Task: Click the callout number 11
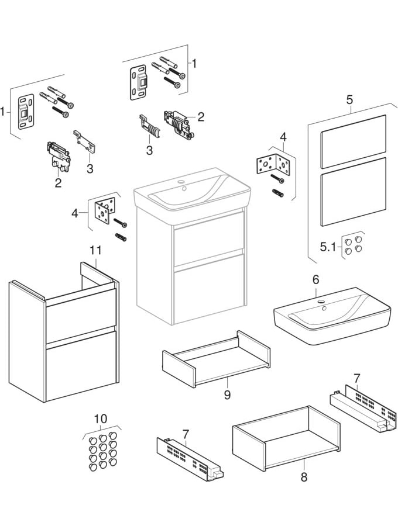click(95, 251)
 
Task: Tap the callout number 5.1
click(328, 248)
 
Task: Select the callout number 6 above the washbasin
click(315, 280)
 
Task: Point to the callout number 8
click(304, 477)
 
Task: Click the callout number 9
click(227, 395)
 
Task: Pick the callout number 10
click(100, 418)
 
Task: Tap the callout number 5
click(349, 99)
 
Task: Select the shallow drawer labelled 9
click(216, 359)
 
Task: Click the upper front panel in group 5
click(354, 141)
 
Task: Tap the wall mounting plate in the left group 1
click(26, 113)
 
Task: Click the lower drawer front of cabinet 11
click(81, 366)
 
